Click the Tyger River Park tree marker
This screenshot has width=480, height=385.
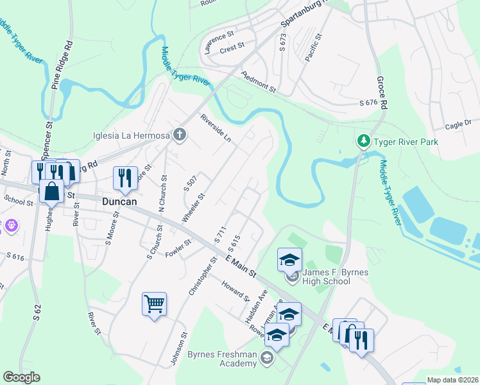click(363, 141)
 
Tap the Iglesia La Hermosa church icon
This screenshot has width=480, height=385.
click(180, 135)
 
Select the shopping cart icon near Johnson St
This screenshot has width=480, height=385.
click(155, 304)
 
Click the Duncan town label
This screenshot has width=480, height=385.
click(121, 201)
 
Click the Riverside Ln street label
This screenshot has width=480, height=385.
click(215, 128)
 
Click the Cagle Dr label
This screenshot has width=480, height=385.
click(458, 123)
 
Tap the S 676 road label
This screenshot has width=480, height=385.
click(370, 103)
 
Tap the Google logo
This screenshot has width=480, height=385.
click(21, 377)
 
